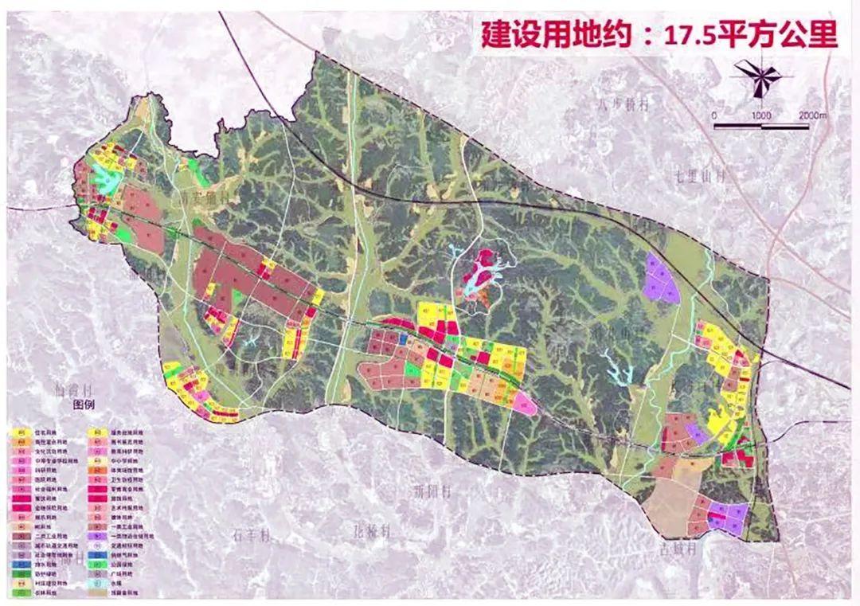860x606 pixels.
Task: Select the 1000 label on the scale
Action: [x=761, y=116]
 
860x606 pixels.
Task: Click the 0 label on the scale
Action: [x=714, y=116]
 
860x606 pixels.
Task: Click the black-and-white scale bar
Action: [x=761, y=126]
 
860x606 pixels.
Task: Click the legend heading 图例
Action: [x=84, y=404]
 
